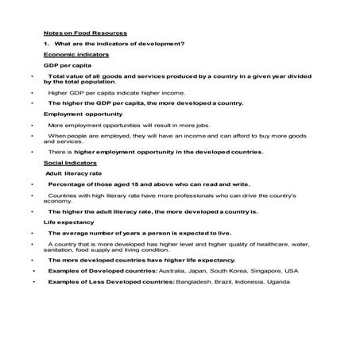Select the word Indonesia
257,281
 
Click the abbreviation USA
290,270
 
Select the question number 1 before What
46,42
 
